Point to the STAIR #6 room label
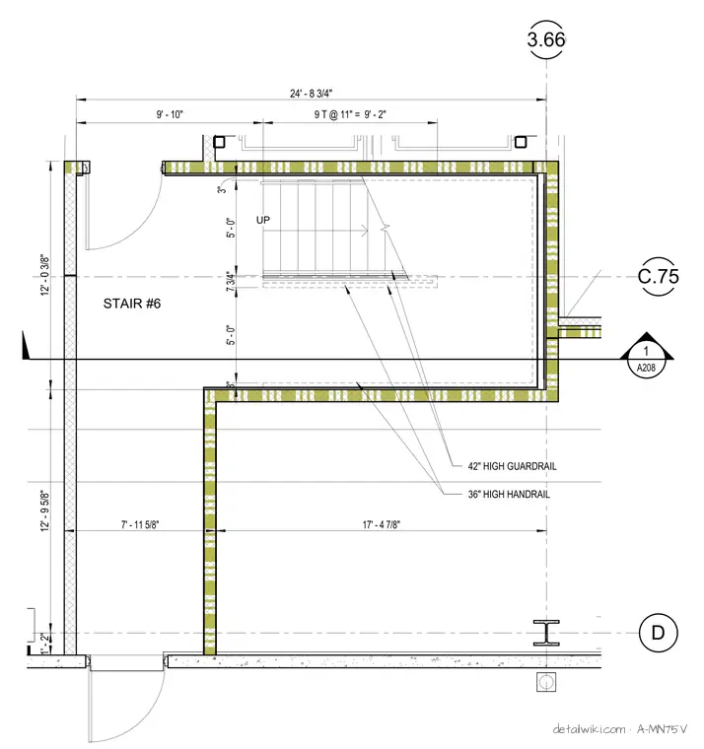(x=132, y=304)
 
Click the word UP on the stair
(x=263, y=220)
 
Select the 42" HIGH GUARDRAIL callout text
(x=512, y=466)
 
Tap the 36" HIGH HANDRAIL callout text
(x=509, y=495)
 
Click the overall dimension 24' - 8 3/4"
(x=312, y=94)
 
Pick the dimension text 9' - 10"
(x=170, y=114)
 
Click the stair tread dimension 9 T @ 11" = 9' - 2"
(x=350, y=114)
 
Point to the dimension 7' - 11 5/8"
(x=140, y=524)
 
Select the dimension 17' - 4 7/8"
(x=381, y=524)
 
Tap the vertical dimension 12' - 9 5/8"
(x=45, y=511)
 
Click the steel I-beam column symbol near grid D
(x=546, y=633)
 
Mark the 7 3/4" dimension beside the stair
(x=231, y=281)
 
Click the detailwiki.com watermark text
(x=589, y=729)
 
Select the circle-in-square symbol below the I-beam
(x=546, y=682)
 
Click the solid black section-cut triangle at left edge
(x=26, y=346)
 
